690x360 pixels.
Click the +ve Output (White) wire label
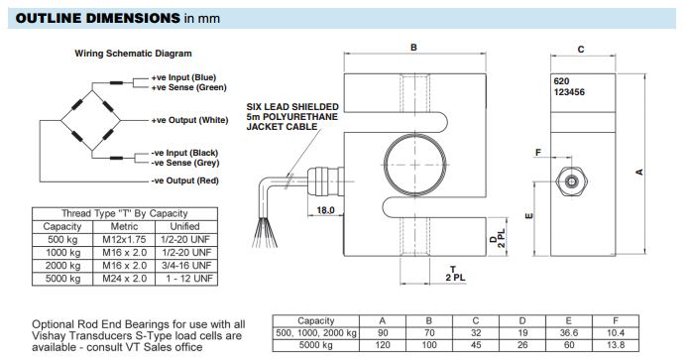(x=189, y=120)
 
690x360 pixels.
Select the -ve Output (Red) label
(x=184, y=180)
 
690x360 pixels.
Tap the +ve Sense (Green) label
(x=188, y=87)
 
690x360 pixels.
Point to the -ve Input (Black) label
(x=184, y=153)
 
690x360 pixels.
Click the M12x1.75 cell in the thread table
(x=124, y=240)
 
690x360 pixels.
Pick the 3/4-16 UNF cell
(x=186, y=266)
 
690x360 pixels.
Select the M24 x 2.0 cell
(x=125, y=279)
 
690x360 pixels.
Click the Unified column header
(x=184, y=227)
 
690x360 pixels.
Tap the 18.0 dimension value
(x=325, y=210)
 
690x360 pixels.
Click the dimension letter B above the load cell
(x=413, y=47)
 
